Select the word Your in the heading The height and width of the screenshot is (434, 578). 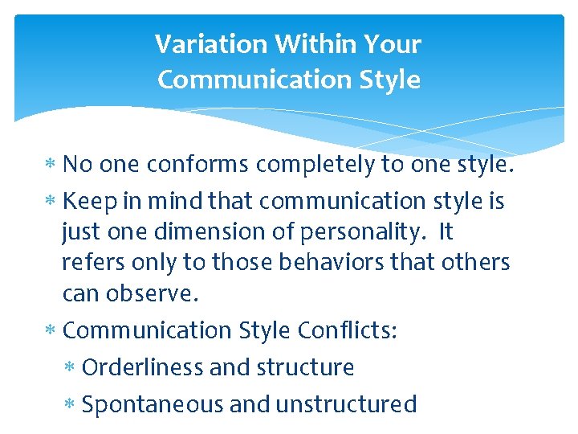(x=393, y=44)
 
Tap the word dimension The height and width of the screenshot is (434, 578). (x=191, y=231)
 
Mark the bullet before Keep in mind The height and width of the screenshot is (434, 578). (x=51, y=201)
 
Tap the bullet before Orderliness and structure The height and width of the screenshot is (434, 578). (x=71, y=368)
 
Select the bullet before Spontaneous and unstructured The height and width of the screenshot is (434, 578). (x=71, y=404)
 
